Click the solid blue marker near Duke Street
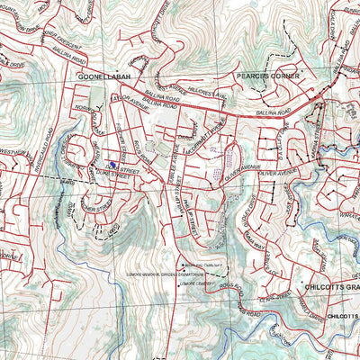tap(111, 165)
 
